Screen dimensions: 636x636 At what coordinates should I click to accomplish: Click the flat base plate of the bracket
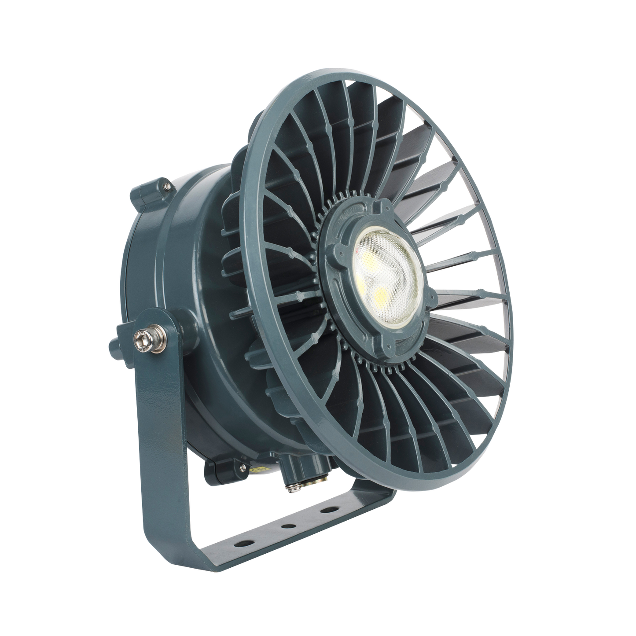282,535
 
